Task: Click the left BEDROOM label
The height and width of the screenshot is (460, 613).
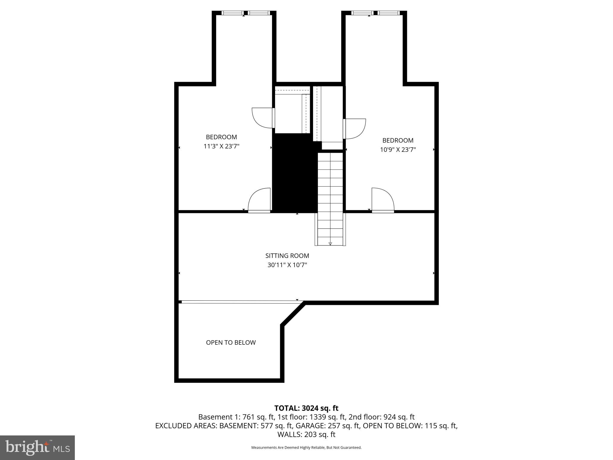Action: point(221,137)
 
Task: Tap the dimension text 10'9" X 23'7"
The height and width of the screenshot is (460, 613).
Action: point(398,150)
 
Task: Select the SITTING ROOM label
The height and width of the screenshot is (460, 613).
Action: point(287,255)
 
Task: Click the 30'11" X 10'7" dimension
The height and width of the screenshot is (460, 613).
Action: point(287,265)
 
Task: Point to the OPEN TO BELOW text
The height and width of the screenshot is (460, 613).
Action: point(231,342)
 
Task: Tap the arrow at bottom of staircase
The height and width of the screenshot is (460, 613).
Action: point(330,243)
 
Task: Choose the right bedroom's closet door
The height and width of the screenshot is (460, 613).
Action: point(355,129)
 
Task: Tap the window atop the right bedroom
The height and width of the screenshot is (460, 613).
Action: point(375,13)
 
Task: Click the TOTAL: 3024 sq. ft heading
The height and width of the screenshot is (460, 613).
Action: point(306,408)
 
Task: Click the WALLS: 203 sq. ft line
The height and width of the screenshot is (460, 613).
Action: point(306,434)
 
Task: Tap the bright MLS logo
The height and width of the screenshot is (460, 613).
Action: point(37,447)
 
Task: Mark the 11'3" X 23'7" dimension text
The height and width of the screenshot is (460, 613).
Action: point(221,146)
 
